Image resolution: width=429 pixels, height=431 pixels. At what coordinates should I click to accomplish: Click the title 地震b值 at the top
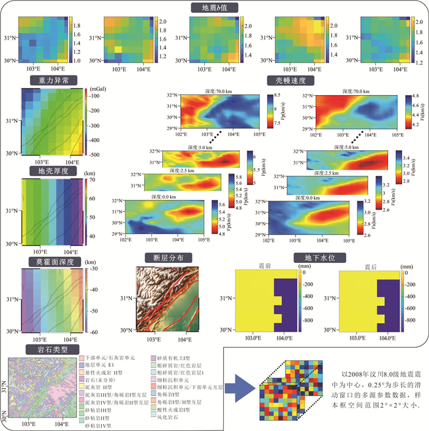tap(214, 8)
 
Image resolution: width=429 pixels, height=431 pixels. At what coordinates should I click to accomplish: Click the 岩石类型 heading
tap(45, 349)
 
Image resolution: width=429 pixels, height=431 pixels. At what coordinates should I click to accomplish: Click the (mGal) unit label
tap(99, 90)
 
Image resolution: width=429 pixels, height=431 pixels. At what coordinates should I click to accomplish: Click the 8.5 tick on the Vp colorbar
tap(276, 96)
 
